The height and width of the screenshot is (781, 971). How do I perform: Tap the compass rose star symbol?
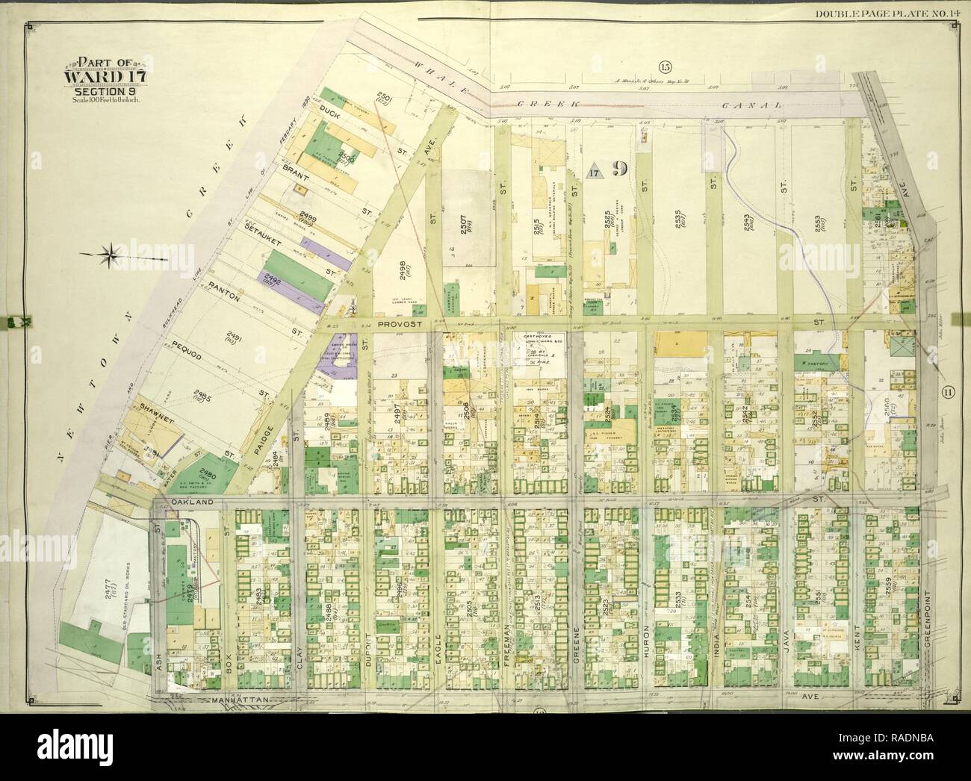(x=111, y=254)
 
